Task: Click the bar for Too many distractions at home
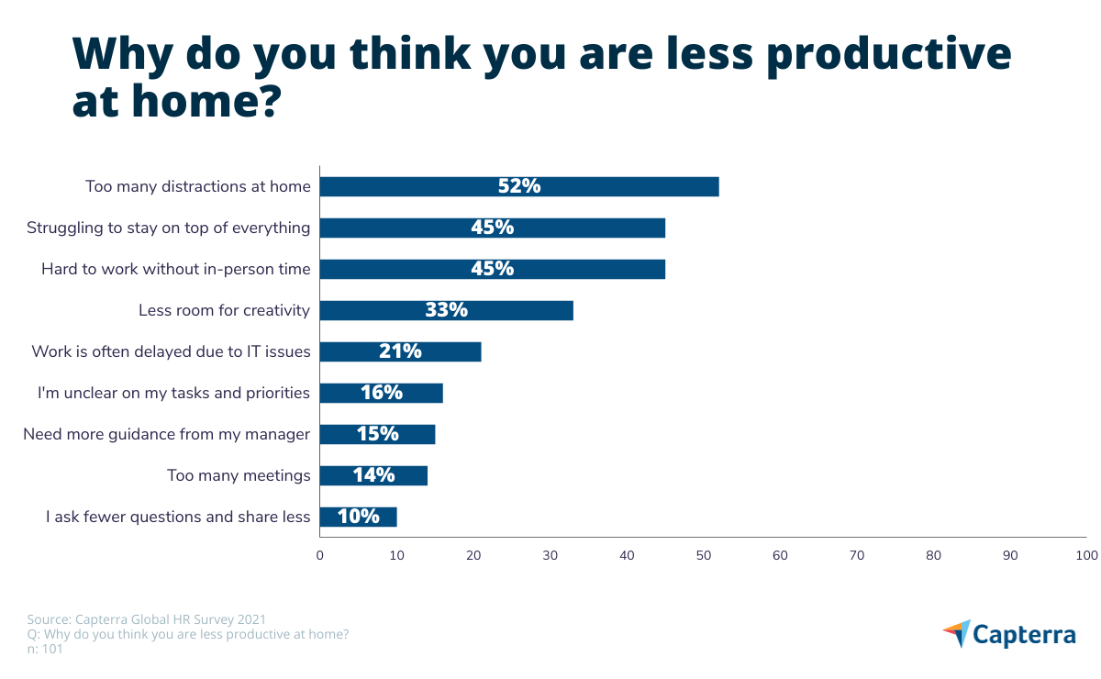click(x=518, y=186)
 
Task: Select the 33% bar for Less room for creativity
click(x=446, y=310)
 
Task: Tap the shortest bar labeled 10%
click(x=358, y=517)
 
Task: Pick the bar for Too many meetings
click(x=373, y=475)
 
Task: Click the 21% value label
click(x=400, y=351)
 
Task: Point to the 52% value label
click(x=519, y=186)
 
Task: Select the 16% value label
click(x=381, y=393)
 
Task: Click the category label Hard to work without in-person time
click(x=175, y=269)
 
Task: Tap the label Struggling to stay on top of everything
click(x=168, y=228)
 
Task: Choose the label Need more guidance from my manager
click(x=166, y=434)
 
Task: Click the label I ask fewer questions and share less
click(x=178, y=517)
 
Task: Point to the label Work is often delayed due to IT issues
click(x=171, y=351)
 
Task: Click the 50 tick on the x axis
click(x=703, y=555)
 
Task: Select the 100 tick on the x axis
click(x=1086, y=555)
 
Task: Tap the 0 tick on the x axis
click(x=319, y=555)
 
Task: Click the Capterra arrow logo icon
click(x=956, y=633)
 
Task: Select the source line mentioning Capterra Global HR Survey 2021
click(x=147, y=619)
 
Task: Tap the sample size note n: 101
click(x=45, y=649)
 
